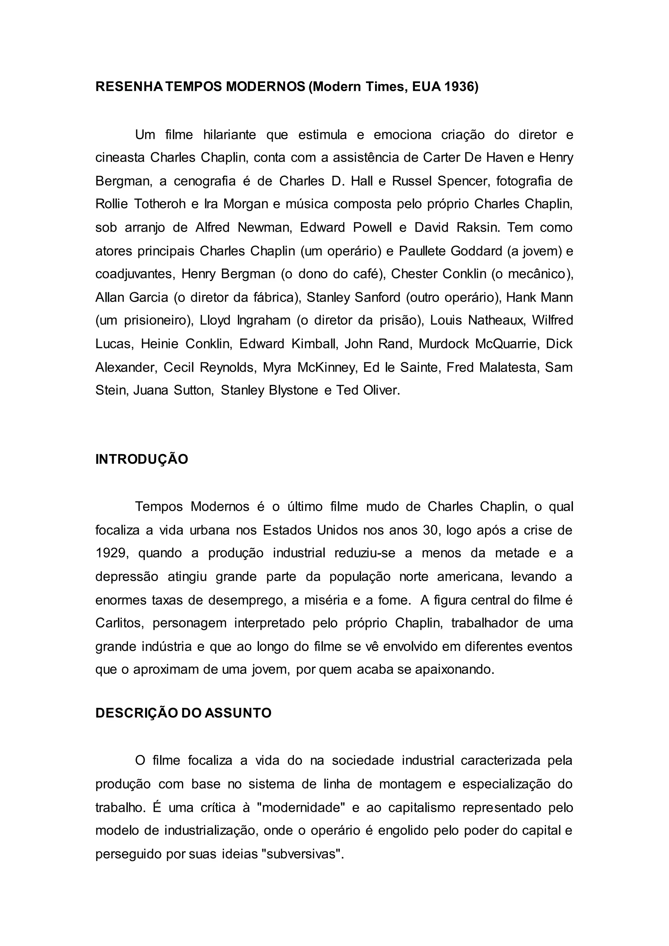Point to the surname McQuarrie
(x=507, y=344)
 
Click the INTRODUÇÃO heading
(x=142, y=459)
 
